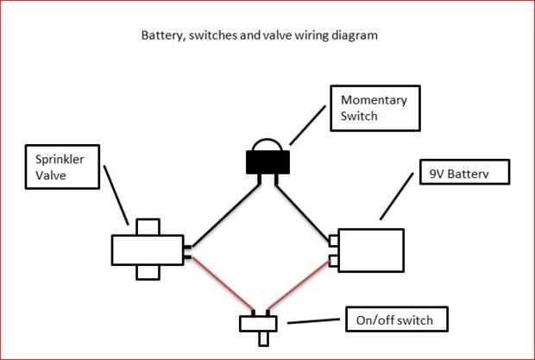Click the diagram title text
[x=259, y=37]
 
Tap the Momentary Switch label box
[x=374, y=107]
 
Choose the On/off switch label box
[x=400, y=320]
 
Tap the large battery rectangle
[x=372, y=250]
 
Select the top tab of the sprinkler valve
[x=148, y=227]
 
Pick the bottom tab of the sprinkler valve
[x=148, y=272]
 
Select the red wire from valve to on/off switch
[x=221, y=283]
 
